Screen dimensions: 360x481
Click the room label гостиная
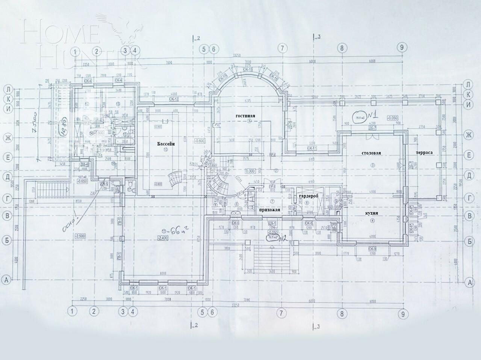tap(245, 116)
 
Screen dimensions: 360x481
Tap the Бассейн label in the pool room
tap(166, 143)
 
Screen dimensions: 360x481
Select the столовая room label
tap(371, 153)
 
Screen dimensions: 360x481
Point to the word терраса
tap(425, 153)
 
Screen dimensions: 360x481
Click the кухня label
tap(371, 213)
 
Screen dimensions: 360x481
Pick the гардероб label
tap(309, 196)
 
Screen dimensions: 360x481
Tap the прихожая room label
tap(270, 210)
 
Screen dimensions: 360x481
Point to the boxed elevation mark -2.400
tap(163, 239)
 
